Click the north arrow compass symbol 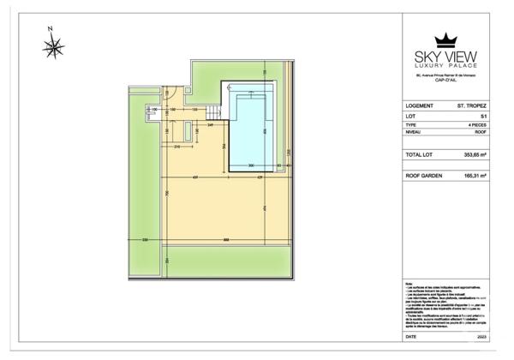point(53,45)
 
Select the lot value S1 point(483,117)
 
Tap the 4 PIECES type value point(475,125)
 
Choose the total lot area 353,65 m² point(475,155)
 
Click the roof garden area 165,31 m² point(475,175)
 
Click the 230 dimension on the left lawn point(145,239)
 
